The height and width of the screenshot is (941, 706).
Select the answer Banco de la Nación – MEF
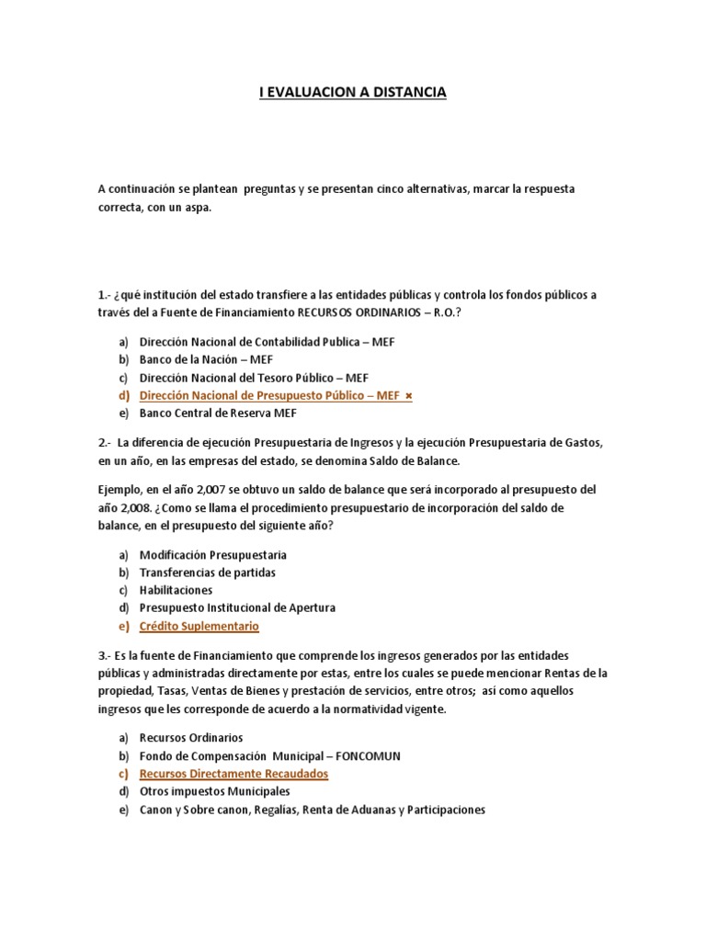[x=206, y=359]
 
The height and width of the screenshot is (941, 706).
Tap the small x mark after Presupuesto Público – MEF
[x=409, y=396]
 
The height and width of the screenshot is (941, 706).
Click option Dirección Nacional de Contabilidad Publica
[x=254, y=341]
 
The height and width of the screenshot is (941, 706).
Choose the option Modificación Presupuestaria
[x=213, y=555]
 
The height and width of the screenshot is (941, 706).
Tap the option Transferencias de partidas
[x=208, y=573]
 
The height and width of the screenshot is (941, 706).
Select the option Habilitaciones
[x=176, y=590]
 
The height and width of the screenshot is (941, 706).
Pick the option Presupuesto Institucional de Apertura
[x=237, y=607]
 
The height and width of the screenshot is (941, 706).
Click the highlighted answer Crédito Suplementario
[x=199, y=626]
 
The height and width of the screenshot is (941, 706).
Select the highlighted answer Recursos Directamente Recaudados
[x=233, y=774]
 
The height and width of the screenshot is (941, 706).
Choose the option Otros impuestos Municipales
[x=214, y=791]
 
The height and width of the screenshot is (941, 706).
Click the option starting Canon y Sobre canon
[x=313, y=810]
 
